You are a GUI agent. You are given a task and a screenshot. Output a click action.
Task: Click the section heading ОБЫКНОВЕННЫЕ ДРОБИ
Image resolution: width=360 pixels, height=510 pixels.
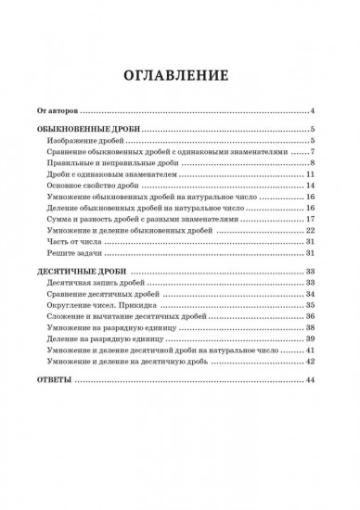pos(89,130)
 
